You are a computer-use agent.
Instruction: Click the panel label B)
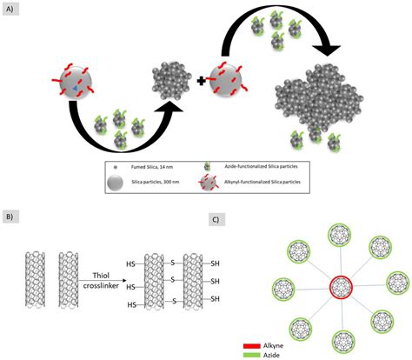[x=10, y=214]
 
